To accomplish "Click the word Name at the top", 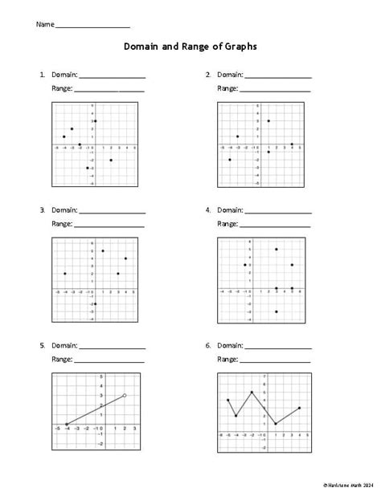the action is click(x=45, y=25).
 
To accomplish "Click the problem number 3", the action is click(x=41, y=210).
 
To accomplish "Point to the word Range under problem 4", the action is click(x=227, y=223).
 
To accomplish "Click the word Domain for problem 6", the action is click(x=230, y=345).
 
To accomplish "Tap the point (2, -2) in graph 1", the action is click(x=111, y=160).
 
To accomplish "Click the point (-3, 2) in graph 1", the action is click(x=72, y=129).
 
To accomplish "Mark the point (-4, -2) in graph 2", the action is click(x=230, y=160).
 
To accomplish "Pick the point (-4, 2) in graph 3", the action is click(x=64, y=274).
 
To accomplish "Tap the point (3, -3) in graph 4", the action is click(x=277, y=311).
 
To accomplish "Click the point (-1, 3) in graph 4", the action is click(x=245, y=265).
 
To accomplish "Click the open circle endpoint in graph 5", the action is click(x=125, y=395).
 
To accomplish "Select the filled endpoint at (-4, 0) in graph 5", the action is click(x=66, y=424).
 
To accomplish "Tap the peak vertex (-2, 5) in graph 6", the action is click(x=252, y=392).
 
